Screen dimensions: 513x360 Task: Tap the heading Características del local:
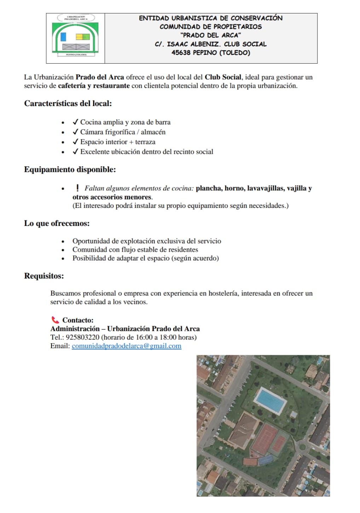[68, 104]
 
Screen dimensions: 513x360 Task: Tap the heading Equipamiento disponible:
[70, 170]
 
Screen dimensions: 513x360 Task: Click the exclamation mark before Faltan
[77, 188]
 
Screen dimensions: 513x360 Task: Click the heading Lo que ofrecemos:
[57, 223]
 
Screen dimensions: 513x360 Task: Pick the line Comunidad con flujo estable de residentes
[135, 250]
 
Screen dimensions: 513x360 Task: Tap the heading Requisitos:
[44, 276]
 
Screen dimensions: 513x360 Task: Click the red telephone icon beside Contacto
[55, 320]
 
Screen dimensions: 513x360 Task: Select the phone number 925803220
[83, 337]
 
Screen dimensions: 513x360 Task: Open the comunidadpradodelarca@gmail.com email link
[127, 346]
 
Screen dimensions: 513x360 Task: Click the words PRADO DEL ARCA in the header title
[211, 35]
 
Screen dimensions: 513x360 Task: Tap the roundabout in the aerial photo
[302, 447]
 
